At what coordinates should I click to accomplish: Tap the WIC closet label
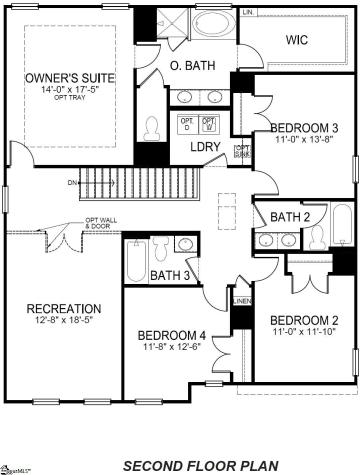coord(296,41)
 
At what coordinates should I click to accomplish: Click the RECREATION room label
coord(63,308)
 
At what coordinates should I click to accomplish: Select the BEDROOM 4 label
coord(172,334)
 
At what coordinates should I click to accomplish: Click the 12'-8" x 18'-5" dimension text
coord(63,320)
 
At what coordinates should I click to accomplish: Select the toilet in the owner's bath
coord(151,129)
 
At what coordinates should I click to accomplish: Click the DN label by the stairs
coord(72,182)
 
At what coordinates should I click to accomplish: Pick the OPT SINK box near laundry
coord(242,152)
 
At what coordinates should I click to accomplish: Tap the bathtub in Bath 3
coord(135,262)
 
